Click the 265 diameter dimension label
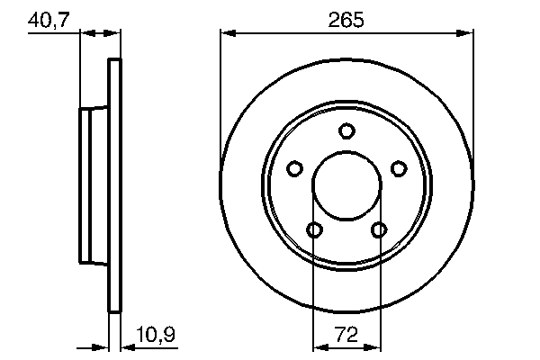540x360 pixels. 346,18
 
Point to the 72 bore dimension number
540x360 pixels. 346,334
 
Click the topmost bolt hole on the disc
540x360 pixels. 346,131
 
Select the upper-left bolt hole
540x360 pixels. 294,168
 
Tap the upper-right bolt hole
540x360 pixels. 399,168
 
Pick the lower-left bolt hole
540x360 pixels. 314,230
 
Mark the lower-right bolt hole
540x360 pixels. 379,230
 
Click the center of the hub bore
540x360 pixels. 346,186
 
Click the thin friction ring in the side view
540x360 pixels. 114,186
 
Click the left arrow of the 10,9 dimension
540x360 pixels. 103,346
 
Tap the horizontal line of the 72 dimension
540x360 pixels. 346,346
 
